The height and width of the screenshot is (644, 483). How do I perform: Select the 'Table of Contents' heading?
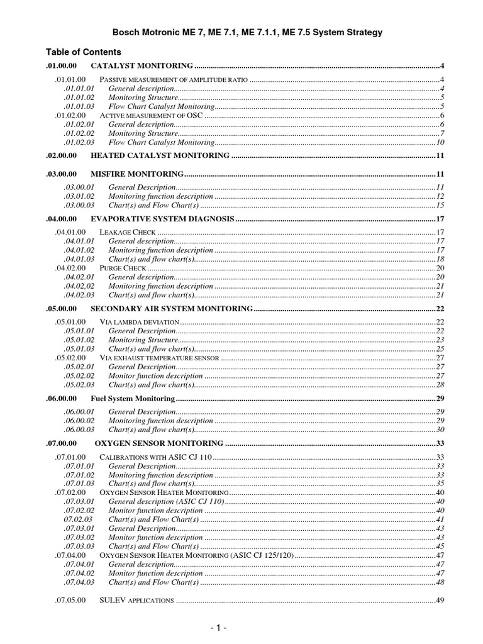coord(84,52)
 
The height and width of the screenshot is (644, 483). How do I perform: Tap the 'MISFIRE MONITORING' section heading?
coord(137,174)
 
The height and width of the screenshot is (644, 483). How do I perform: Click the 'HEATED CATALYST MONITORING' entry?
coord(160,155)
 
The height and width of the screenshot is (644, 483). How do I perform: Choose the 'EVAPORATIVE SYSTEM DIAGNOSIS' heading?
coord(162,219)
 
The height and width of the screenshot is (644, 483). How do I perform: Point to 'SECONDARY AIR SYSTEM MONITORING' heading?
coord(172,309)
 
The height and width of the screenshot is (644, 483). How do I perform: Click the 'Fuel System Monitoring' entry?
coord(132,399)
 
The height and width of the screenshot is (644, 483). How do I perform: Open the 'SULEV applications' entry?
coord(136,601)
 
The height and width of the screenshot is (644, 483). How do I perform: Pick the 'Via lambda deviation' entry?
coord(135,322)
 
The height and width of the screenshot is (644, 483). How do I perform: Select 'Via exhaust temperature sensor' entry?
coord(159,358)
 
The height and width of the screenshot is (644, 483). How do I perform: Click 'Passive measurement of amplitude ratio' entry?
coord(174,79)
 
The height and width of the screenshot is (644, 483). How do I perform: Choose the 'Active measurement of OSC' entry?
coord(152,115)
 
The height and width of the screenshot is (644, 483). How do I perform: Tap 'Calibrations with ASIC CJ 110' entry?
coord(156,457)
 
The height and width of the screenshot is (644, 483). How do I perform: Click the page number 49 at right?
coord(440,601)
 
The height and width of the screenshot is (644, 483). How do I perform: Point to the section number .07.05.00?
coord(70,601)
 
